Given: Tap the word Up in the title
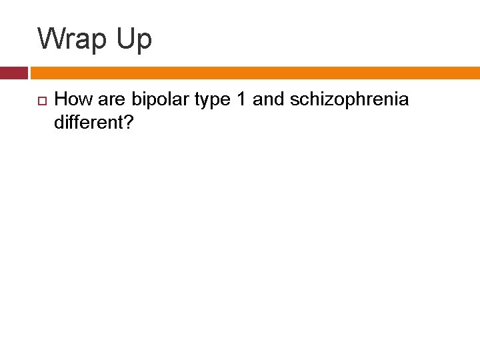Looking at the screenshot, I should [135, 40].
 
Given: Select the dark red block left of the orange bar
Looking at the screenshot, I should [13, 73].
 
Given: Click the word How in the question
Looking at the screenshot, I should [71, 100].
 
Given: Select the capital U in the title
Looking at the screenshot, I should [126, 39].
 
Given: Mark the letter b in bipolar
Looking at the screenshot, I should [135, 100].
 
